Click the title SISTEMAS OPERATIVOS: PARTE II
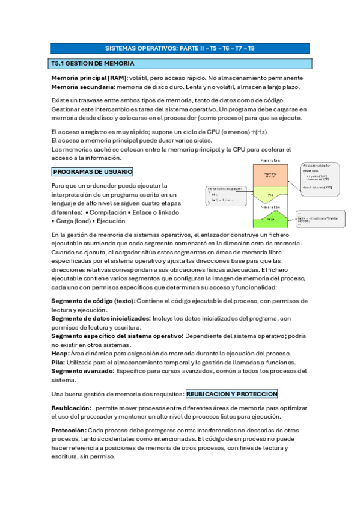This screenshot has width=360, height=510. (180, 48)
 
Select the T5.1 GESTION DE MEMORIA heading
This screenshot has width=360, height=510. (93, 63)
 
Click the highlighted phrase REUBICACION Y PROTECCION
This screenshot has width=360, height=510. (232, 394)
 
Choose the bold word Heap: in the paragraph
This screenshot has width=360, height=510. (60, 354)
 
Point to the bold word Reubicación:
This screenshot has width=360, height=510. (71, 408)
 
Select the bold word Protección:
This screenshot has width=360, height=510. (69, 431)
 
